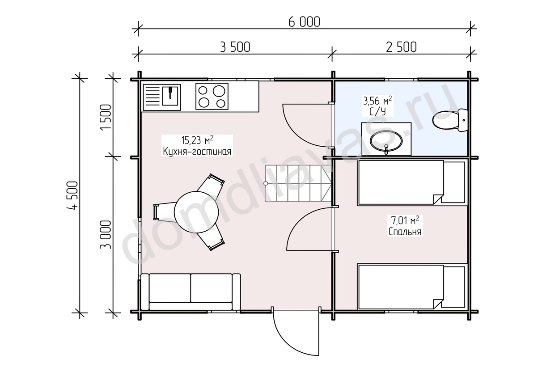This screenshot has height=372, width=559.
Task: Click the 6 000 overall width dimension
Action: (x=304, y=22)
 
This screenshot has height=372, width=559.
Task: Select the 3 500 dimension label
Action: (x=235, y=47)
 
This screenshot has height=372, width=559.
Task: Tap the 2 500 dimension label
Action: (x=401, y=47)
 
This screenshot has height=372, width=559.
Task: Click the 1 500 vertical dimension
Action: (x=106, y=117)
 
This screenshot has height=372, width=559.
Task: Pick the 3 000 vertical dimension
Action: (x=106, y=235)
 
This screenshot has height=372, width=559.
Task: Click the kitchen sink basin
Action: (x=170, y=96)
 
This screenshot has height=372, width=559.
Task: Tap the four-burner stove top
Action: (x=212, y=96)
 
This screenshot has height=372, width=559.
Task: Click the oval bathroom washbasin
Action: (x=386, y=141)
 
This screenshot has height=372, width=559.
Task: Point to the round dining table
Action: (x=196, y=212)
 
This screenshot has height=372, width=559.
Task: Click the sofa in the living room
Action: (x=191, y=292)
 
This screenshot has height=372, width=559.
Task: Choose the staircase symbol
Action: (x=298, y=183)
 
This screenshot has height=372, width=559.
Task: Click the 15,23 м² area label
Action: (x=197, y=140)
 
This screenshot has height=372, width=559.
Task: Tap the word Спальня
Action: (x=405, y=232)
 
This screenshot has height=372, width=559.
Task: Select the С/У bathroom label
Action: (x=377, y=112)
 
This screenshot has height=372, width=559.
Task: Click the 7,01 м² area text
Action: (x=405, y=220)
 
